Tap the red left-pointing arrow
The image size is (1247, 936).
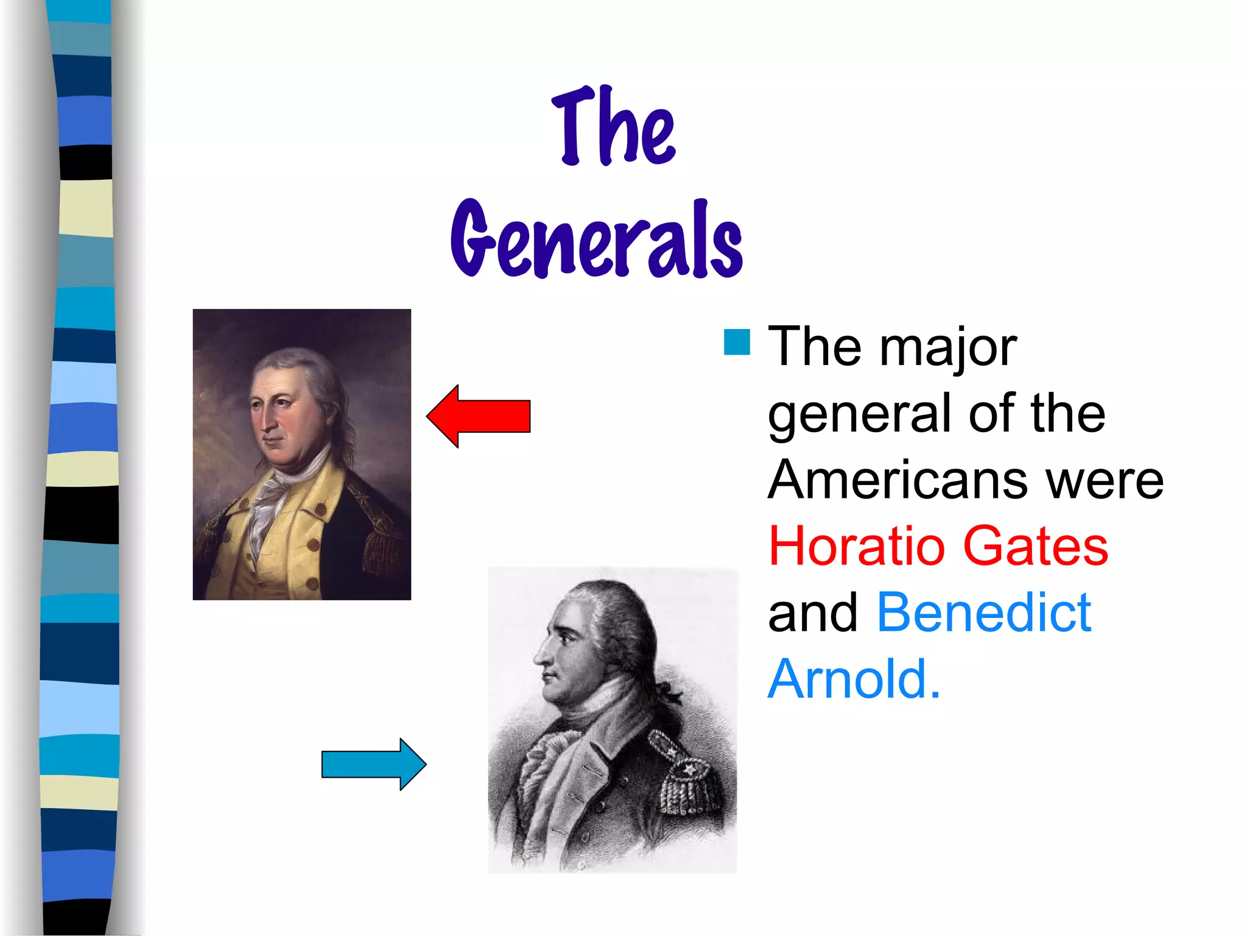pos(479,416)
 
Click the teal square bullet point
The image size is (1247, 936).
pos(737,342)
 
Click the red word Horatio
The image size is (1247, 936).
pos(856,546)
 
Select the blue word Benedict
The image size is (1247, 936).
pos(983,612)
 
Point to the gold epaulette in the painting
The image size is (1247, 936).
pos(381,542)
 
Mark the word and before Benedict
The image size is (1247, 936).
pos(813,612)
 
